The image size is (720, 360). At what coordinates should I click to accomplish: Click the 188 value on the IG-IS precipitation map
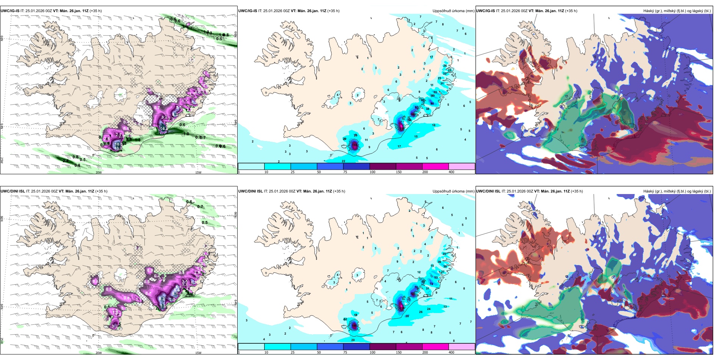coord(355,144)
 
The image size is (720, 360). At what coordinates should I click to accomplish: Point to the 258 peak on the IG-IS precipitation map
coord(401,128)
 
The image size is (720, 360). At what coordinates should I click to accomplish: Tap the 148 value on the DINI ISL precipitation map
coord(354,325)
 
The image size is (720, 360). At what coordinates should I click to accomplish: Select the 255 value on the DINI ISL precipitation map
coord(401,308)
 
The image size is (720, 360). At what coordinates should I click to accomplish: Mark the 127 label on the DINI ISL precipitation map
coord(413,294)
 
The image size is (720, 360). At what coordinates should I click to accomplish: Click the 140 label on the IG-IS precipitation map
coord(413,114)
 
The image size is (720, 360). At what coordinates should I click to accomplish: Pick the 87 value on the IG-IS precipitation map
coord(417,108)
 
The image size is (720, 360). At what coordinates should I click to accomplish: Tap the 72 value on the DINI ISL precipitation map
coord(431,284)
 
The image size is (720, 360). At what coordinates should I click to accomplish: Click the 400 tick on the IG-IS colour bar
coord(451,172)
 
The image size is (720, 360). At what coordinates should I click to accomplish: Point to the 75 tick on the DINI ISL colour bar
coord(346,352)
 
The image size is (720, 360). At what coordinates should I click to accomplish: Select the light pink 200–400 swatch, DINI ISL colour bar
coord(462,347)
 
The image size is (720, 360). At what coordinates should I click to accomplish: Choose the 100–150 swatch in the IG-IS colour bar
coord(383,166)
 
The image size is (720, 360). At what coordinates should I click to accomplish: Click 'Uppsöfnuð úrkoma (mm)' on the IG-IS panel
coord(453,11)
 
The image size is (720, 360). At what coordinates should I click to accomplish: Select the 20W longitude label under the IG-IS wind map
coord(99,172)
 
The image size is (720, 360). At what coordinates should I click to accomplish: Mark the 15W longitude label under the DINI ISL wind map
coord(198,353)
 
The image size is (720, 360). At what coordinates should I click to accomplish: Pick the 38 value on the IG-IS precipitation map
coord(428,109)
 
